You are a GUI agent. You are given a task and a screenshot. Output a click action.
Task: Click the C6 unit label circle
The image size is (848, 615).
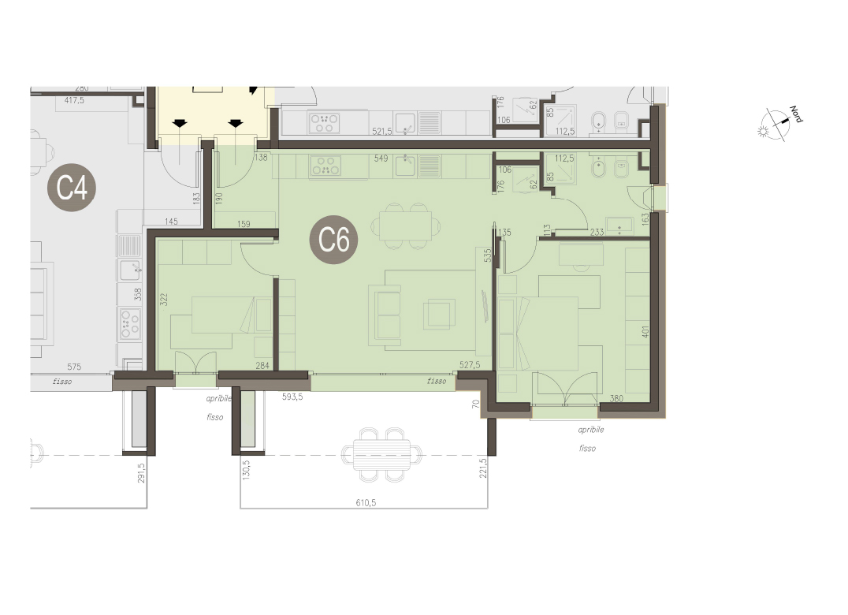point(333,239)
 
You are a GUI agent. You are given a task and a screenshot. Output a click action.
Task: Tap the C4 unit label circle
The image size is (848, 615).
point(72,187)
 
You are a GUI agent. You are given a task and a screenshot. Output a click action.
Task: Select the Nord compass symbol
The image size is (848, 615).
point(779,123)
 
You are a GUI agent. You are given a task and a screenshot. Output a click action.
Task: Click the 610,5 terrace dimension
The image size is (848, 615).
point(366,502)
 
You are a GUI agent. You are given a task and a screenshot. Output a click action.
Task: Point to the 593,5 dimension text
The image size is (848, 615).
point(292,397)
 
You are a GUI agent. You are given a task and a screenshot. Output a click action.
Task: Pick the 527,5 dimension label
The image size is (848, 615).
point(470,365)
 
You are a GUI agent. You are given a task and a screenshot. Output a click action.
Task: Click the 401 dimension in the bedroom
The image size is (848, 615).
point(645,331)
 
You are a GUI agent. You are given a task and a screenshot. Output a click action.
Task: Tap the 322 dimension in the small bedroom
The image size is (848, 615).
point(164,299)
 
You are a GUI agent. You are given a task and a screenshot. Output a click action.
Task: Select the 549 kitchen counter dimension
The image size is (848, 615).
point(381,158)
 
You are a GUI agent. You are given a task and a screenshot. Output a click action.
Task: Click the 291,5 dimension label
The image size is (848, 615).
point(142,472)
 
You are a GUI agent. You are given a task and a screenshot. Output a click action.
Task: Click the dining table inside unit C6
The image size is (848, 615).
point(405,225)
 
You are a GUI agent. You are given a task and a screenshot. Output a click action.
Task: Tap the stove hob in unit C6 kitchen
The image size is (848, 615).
point(325,166)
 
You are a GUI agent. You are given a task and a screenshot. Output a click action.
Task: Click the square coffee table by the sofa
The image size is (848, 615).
point(439,315)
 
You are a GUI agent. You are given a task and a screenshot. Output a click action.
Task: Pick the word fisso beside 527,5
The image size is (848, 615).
point(437,381)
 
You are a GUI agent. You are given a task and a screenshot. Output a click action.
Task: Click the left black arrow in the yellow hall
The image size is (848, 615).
point(180,123)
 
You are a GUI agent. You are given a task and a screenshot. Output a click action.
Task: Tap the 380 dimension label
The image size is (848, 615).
point(616,399)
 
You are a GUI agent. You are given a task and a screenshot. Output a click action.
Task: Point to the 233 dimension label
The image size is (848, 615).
point(597,232)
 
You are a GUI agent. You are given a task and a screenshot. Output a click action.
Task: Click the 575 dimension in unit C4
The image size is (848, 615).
point(74,367)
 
